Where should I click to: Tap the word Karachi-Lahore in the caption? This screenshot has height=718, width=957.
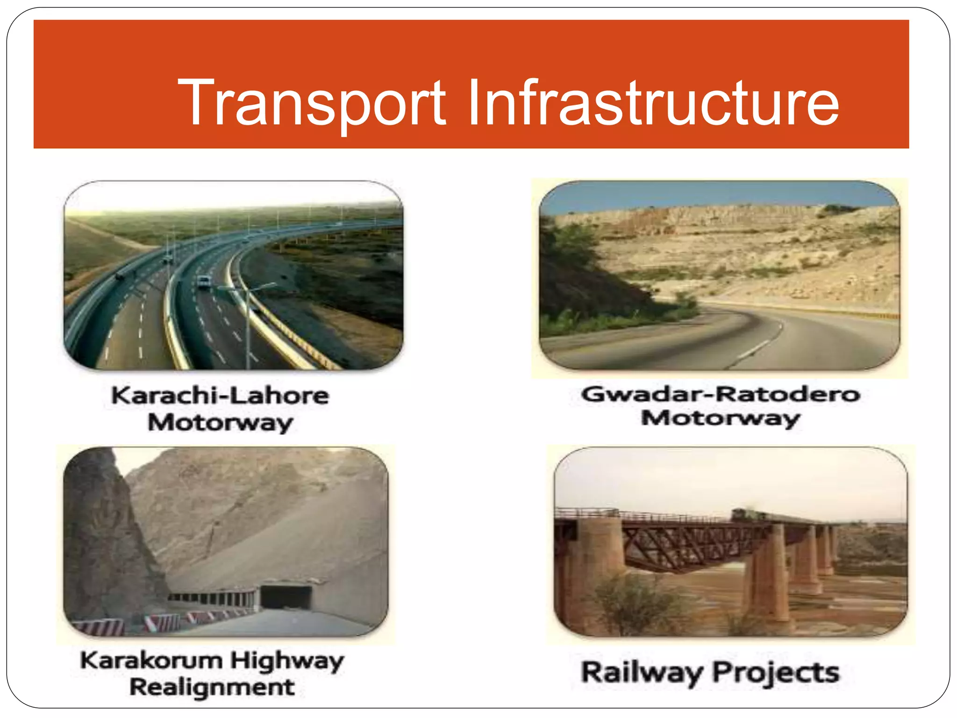point(220,395)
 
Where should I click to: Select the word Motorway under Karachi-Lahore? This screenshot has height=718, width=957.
point(220,423)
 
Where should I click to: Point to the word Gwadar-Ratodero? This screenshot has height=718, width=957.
point(720,394)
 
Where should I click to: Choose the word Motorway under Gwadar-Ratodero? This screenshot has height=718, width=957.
point(720,418)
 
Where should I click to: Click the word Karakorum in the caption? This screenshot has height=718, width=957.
point(151,661)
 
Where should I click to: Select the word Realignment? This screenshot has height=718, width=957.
point(212,687)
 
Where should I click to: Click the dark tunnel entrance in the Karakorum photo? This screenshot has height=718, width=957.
point(286,597)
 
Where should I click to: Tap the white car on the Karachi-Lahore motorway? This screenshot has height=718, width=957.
point(204,282)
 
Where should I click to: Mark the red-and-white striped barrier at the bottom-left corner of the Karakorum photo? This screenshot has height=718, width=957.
point(98,627)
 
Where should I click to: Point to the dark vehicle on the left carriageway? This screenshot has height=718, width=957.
point(121,277)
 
